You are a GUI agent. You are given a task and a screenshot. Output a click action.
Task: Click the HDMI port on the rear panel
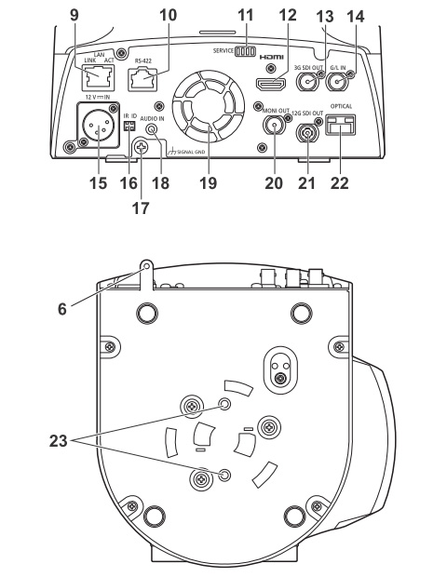coord(271,85)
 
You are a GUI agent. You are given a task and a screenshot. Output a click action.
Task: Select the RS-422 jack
coord(142,79)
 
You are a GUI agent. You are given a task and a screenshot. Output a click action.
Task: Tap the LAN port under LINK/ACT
coord(98,77)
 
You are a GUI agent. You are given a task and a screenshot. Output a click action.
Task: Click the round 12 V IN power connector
coord(98,126)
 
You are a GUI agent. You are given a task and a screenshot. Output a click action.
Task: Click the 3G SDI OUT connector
coord(306,81)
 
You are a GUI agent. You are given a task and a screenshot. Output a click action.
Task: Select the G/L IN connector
coord(337,81)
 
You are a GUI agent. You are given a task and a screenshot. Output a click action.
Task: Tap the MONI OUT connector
coord(275,125)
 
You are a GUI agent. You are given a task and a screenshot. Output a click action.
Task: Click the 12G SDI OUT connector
coord(308,132)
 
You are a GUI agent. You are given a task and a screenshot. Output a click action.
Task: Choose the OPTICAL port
coord(340,125)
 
